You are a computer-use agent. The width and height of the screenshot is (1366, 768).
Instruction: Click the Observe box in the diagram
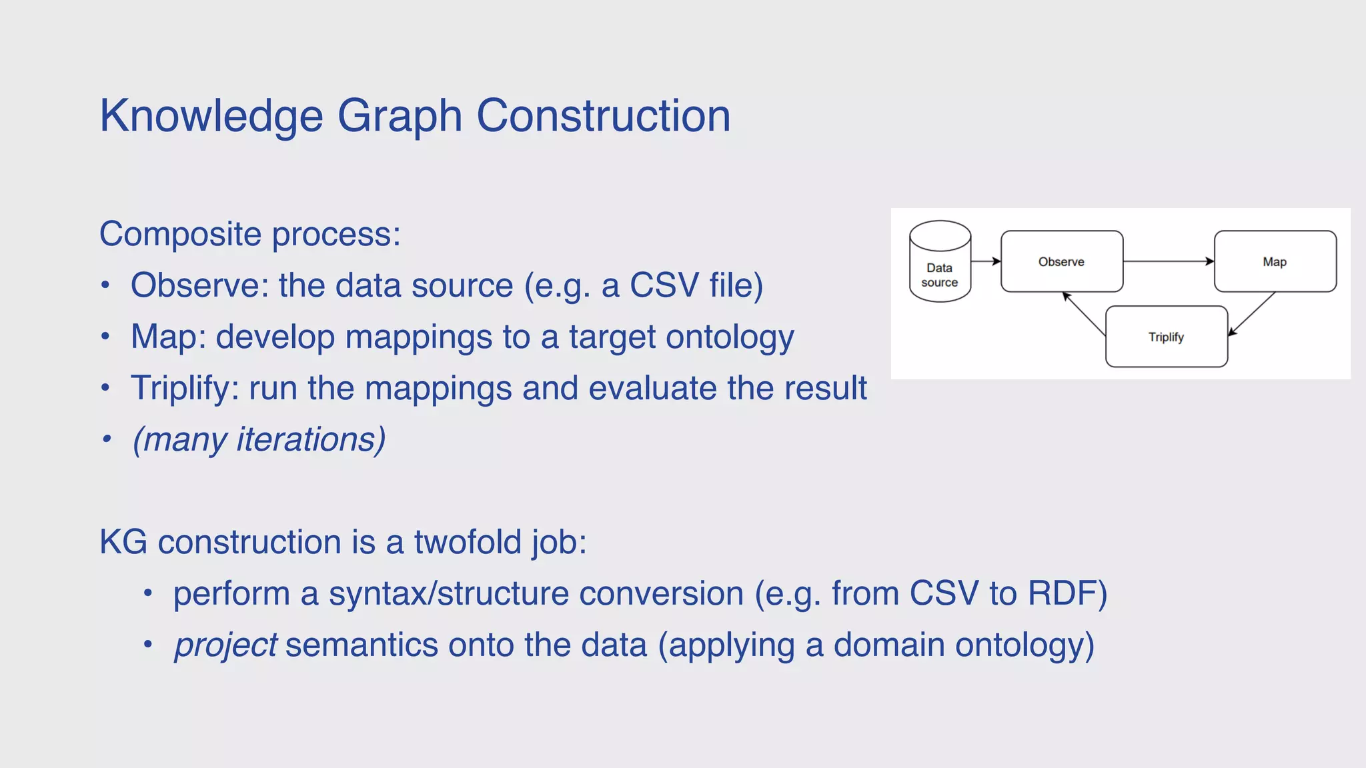tap(1061, 261)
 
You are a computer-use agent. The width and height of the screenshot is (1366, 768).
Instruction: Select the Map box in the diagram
tap(1275, 261)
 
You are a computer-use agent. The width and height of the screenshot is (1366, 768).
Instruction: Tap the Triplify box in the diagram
tap(1166, 337)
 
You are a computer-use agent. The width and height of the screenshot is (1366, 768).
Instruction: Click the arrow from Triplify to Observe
tap(1084, 313)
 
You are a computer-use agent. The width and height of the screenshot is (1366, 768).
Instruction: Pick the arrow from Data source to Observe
tap(985, 261)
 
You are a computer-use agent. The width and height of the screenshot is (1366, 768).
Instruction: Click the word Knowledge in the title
tap(211, 116)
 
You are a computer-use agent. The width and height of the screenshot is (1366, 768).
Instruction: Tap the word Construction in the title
tap(603, 116)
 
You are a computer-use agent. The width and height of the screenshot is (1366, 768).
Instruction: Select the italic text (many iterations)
tap(259, 440)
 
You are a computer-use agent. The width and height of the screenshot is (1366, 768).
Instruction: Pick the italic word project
tap(225, 645)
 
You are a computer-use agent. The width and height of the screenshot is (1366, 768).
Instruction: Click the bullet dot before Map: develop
tap(105, 337)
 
